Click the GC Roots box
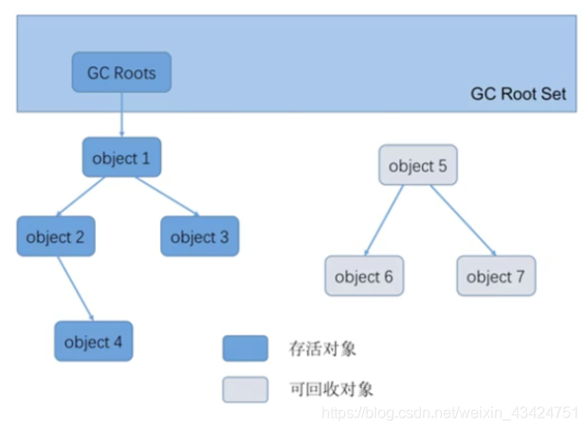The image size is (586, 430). click(121, 72)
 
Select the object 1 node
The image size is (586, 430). click(121, 158)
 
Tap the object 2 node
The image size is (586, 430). click(55, 236)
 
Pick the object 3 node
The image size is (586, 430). click(199, 236)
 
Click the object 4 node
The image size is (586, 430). click(93, 341)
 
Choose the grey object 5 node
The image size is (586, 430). click(417, 166)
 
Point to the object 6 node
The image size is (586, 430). click(363, 276)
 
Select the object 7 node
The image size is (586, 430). click(495, 276)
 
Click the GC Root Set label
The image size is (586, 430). click(518, 94)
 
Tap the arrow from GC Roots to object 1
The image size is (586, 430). click(121, 115)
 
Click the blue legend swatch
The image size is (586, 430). click(245, 348)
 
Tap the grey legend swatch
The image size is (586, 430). click(245, 389)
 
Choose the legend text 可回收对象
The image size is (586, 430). click(329, 389)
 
